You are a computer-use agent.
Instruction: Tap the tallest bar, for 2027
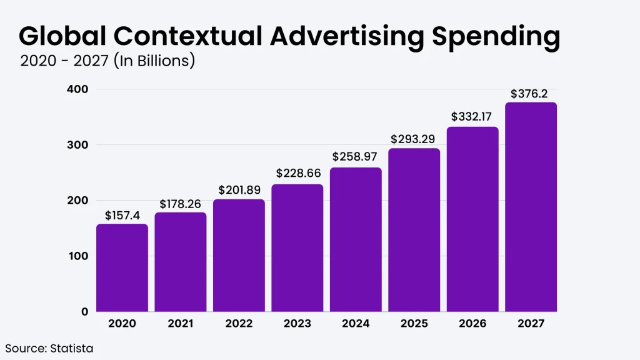(x=531, y=207)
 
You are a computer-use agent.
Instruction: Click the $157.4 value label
(x=122, y=216)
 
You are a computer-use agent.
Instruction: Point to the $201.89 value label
(x=239, y=190)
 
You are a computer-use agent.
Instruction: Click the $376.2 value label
(x=531, y=94)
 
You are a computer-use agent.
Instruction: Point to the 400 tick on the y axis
(x=78, y=89)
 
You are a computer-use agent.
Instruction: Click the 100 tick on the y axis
(x=78, y=256)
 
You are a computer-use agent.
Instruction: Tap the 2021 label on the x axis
(x=181, y=323)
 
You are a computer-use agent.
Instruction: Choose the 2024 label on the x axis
(x=356, y=323)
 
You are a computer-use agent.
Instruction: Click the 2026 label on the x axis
(x=472, y=323)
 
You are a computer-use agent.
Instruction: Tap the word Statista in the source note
(x=71, y=348)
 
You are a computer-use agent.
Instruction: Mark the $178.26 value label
(x=181, y=204)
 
